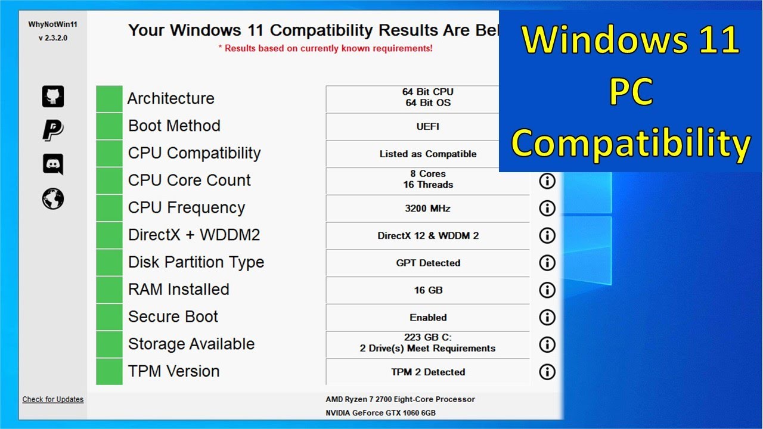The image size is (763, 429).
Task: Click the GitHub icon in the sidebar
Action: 53,97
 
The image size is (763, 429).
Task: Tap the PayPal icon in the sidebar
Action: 53,130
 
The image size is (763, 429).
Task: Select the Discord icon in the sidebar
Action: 53,164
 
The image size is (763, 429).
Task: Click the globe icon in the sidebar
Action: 53,198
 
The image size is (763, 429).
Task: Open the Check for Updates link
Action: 53,399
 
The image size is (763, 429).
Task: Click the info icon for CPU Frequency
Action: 547,208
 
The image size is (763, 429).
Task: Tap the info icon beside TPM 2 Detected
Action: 547,372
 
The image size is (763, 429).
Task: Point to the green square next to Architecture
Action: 109,98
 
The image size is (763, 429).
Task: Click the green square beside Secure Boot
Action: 109,317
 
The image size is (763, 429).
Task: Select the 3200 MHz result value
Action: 427,209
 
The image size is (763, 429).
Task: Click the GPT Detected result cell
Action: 427,263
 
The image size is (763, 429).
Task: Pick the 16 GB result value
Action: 427,290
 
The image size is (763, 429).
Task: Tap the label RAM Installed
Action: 178,290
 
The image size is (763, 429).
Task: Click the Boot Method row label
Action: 174,126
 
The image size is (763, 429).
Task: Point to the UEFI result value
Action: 427,126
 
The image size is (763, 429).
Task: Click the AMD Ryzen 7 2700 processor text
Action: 400,399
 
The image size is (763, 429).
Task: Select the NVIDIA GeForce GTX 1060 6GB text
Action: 380,413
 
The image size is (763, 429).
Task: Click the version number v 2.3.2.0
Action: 53,38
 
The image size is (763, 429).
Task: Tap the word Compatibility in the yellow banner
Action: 631,143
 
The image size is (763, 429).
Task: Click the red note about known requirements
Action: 325,48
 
